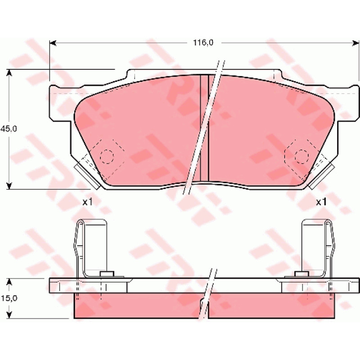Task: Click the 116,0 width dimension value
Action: click(203, 43)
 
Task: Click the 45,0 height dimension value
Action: click(9, 129)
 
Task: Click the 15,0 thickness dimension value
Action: click(9, 298)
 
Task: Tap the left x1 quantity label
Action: click(87, 202)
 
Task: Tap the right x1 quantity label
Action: click(321, 202)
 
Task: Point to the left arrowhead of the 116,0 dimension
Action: click(53, 43)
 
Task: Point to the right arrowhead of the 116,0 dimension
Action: click(355, 43)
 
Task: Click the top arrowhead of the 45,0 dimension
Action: click(9, 72)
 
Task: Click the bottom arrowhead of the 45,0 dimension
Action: click(9, 186)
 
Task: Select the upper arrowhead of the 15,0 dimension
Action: click(9, 282)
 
